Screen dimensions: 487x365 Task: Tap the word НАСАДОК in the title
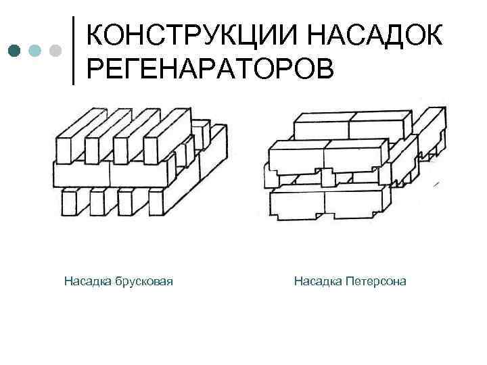(379, 33)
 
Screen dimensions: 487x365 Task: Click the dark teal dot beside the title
(15, 50)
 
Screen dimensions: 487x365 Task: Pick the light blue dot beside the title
(35, 50)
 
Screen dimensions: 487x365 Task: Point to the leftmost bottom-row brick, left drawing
(68, 202)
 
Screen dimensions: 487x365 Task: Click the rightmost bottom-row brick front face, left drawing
(155, 202)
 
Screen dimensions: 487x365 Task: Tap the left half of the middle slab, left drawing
(81, 174)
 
